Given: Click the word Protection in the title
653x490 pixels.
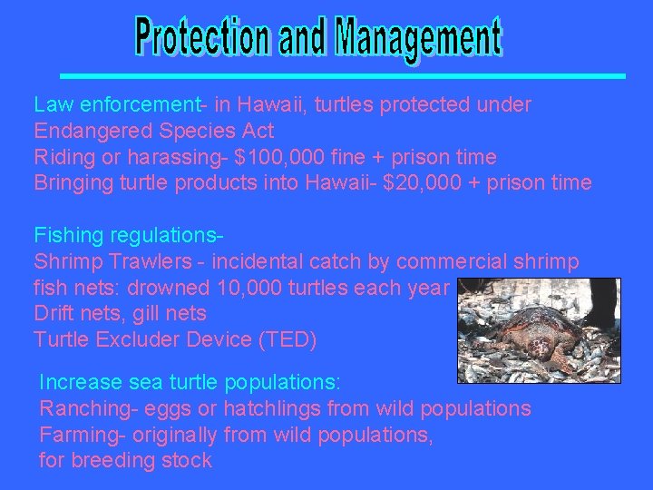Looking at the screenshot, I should pyautogui.click(x=201, y=39).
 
